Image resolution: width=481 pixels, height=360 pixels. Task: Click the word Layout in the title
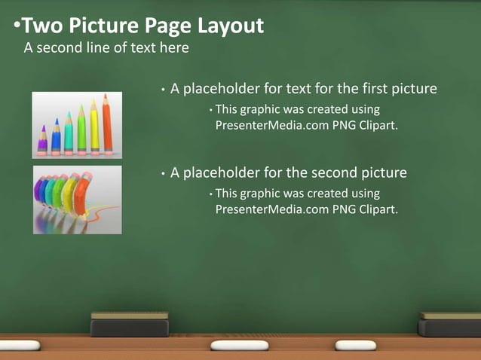point(231,26)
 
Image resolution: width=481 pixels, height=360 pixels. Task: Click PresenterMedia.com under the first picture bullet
point(272,125)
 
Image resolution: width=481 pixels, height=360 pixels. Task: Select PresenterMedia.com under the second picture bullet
point(272,209)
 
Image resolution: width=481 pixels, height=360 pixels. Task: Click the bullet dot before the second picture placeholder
point(163,174)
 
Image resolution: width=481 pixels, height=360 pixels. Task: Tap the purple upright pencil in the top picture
point(43,139)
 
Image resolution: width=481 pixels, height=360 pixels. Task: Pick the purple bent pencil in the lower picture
point(40,193)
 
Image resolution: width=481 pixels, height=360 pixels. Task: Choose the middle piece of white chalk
point(238,346)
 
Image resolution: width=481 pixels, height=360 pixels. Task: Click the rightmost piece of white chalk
point(356,345)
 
